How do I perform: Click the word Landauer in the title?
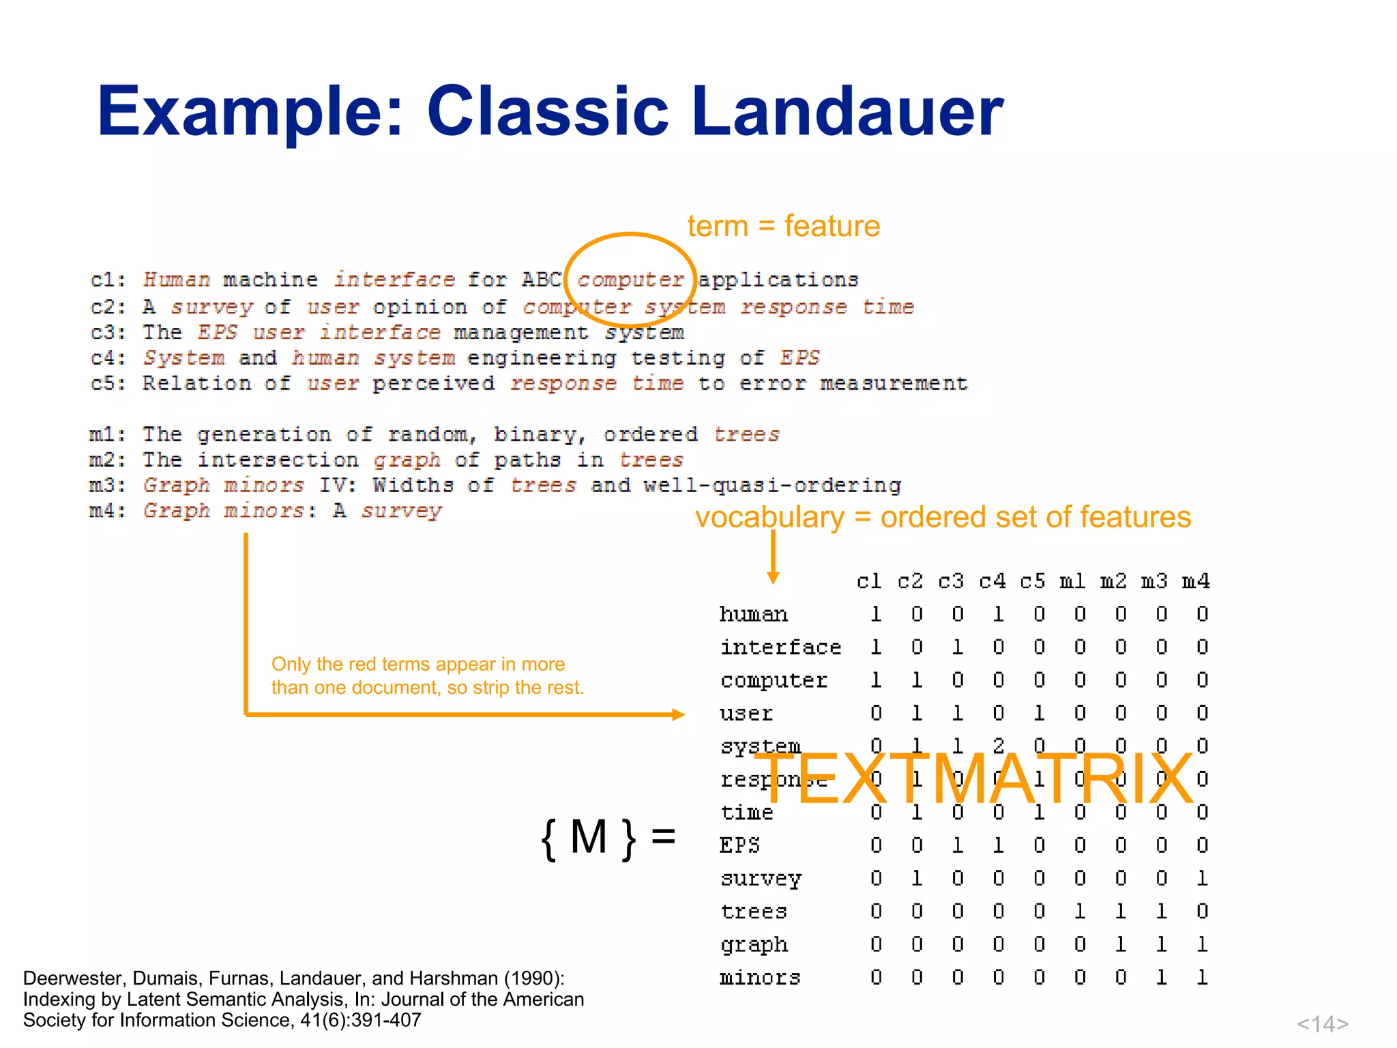point(847,111)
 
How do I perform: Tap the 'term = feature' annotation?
point(783,226)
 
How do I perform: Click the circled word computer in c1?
point(630,280)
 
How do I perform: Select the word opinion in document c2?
point(420,308)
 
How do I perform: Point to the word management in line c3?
point(521,333)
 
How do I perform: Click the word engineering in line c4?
point(542,358)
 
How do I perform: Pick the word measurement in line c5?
point(894,383)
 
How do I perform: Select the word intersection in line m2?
point(277,460)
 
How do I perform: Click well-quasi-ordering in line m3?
point(772,485)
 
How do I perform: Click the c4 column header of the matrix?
point(992,581)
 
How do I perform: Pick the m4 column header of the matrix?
point(1196,581)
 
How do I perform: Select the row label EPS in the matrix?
point(739,845)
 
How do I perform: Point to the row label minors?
point(760,978)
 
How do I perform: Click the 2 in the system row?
point(998,746)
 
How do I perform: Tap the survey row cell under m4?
point(1202,878)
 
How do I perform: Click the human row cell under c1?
point(876,614)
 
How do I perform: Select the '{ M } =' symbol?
point(607,837)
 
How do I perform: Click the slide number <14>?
point(1322,1023)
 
